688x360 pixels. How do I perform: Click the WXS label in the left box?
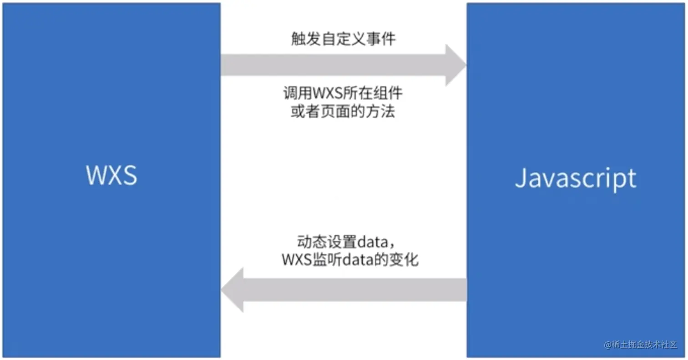click(x=111, y=175)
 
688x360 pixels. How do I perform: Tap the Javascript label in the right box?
click(x=576, y=178)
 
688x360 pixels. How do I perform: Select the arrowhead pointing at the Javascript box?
click(x=455, y=65)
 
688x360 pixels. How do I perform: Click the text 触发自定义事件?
click(x=343, y=40)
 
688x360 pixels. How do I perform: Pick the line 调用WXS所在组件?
click(x=343, y=94)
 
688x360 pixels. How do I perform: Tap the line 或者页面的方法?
click(x=343, y=112)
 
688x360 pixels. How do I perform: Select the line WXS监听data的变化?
click(x=350, y=260)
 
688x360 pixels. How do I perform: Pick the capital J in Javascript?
click(x=521, y=178)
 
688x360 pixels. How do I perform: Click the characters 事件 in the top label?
click(x=383, y=40)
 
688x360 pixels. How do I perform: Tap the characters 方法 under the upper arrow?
click(x=383, y=112)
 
